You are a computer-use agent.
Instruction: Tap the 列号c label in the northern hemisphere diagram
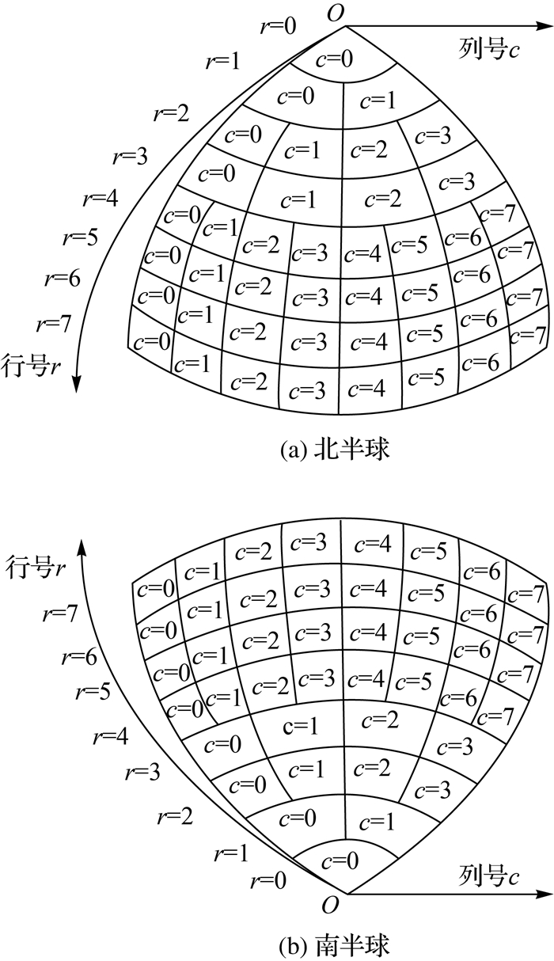[489, 50]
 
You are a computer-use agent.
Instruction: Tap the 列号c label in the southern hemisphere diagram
[489, 876]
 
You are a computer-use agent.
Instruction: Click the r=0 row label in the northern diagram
[279, 25]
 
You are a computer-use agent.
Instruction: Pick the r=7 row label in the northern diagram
[55, 322]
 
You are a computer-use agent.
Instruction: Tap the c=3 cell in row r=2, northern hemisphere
[433, 135]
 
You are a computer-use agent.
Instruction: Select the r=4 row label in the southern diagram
[110, 738]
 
